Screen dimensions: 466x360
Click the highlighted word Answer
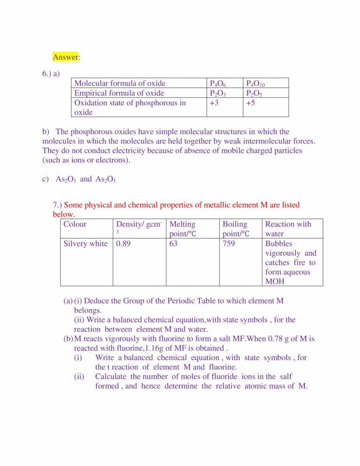pos(65,57)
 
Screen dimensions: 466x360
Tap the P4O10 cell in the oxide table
pos(256,84)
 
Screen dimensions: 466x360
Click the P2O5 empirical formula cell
pos(255,93)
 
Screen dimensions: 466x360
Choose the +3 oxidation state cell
pos(215,103)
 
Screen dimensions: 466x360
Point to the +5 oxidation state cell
pos(251,103)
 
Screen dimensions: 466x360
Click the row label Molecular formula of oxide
pos(120,83)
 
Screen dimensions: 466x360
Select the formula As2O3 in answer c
pos(66,179)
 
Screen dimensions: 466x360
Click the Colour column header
pos(75,224)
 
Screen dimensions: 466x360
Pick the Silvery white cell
pos(85,244)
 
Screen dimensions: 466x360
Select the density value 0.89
pos(123,244)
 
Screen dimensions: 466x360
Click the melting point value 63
pos(174,244)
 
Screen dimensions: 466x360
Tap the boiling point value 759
pos(229,244)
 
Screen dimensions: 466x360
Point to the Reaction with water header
pos(288,229)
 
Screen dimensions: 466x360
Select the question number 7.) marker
pos(57,205)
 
